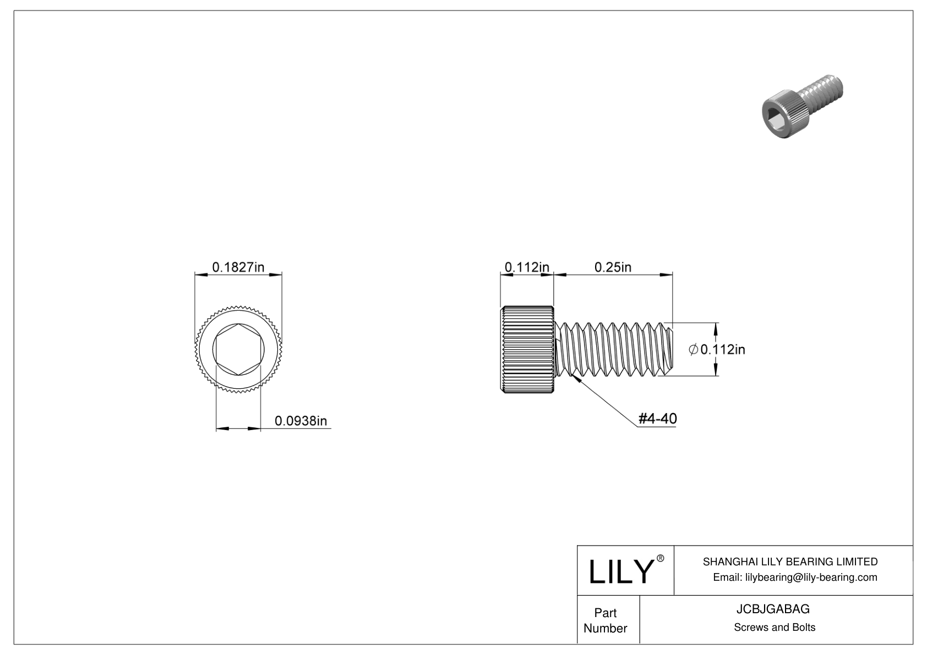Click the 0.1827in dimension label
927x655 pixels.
click(238, 267)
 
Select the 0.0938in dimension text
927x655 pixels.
click(301, 421)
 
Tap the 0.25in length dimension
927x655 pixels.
click(613, 267)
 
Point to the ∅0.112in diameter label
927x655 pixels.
click(717, 349)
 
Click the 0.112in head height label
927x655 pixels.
click(527, 267)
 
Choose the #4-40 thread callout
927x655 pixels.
click(658, 419)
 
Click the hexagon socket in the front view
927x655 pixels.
click(238, 349)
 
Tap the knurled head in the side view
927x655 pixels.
click(527, 349)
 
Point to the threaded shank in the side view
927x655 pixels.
click(613, 349)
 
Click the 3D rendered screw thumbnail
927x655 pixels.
click(802, 106)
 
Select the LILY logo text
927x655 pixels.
click(621, 571)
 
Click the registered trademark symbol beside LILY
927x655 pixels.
click(661, 558)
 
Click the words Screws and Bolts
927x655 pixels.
click(775, 628)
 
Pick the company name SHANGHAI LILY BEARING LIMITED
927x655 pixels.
click(790, 562)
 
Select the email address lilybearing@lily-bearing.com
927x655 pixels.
click(811, 577)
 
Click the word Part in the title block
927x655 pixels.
click(606, 613)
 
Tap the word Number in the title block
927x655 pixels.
click(606, 628)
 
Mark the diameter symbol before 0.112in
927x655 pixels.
click(693, 349)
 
